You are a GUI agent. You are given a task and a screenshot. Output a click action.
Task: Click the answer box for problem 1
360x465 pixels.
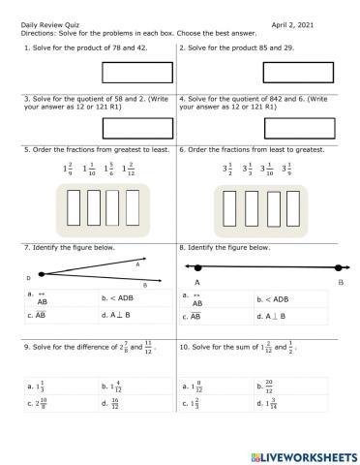131,73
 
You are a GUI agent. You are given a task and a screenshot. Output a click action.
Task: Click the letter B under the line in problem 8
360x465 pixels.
341,282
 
